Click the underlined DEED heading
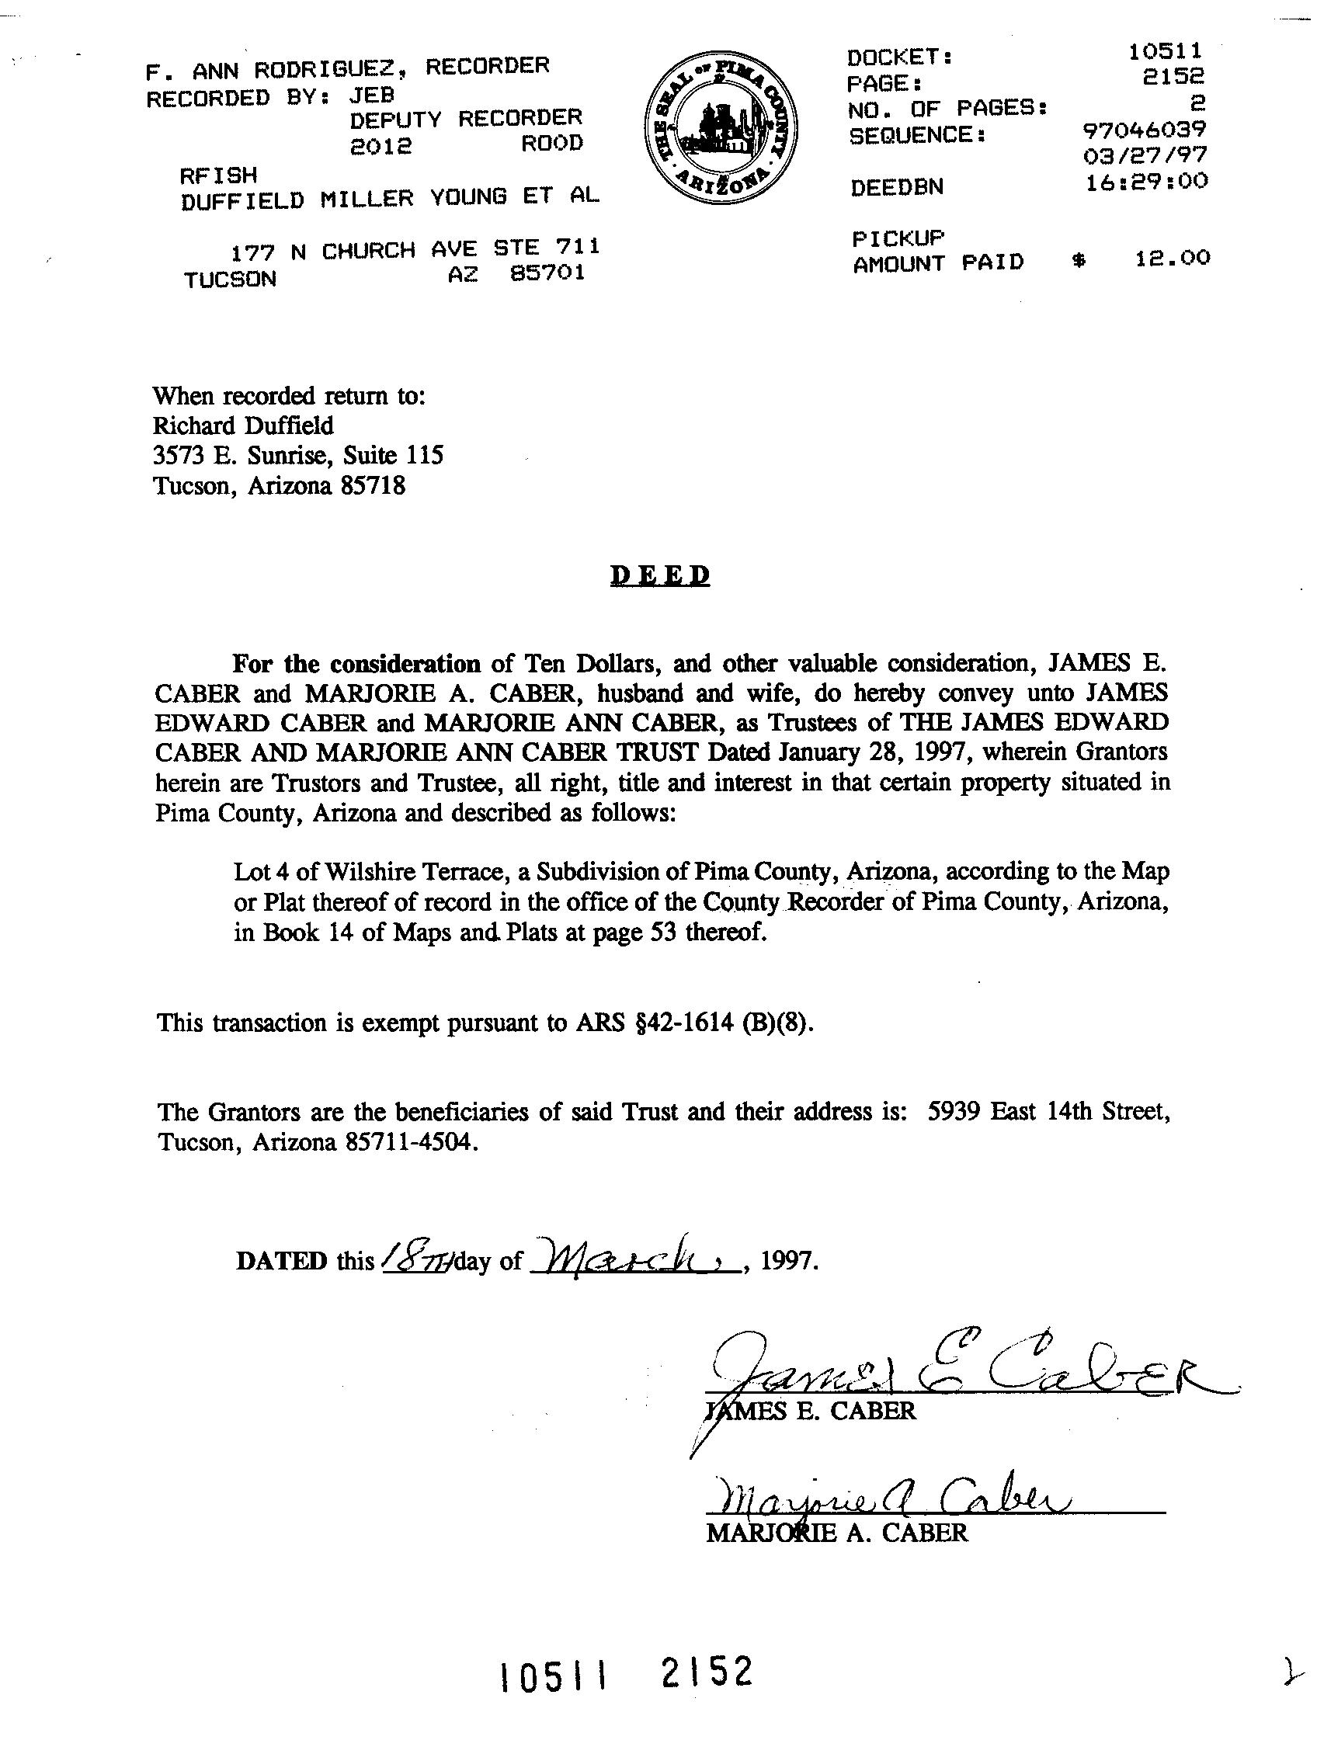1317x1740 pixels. click(x=660, y=576)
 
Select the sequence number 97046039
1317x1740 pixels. click(x=1144, y=129)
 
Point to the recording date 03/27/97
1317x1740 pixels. click(x=1145, y=155)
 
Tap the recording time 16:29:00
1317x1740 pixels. click(x=1146, y=182)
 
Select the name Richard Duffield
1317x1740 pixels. click(x=243, y=425)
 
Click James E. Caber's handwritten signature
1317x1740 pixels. click(x=944, y=1375)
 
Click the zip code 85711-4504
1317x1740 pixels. click(x=411, y=1142)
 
